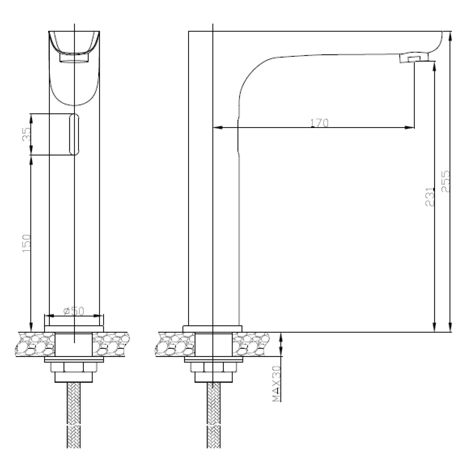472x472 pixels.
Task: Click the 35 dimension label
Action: (x=27, y=134)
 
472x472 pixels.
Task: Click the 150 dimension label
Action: (x=27, y=242)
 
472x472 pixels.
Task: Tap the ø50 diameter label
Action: (x=74, y=311)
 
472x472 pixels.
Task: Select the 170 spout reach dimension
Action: (x=319, y=123)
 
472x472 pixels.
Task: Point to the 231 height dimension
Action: (x=430, y=197)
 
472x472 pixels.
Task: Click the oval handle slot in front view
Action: (x=74, y=134)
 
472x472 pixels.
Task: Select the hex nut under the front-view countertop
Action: (x=74, y=367)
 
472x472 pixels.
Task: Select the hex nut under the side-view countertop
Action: (x=214, y=367)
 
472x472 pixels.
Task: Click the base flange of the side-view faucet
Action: (x=213, y=329)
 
